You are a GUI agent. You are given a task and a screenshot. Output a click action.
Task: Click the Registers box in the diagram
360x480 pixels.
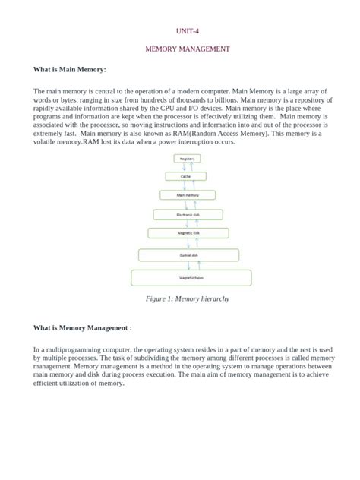pos(186,158)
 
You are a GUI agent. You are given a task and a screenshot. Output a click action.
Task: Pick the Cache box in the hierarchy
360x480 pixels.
pos(186,176)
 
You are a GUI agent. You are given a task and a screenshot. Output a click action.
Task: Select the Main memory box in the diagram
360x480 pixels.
pos(187,194)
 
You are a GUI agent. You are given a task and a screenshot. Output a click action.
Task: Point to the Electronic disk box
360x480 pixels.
pos(187,214)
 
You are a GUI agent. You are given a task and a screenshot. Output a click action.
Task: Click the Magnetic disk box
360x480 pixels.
pos(187,232)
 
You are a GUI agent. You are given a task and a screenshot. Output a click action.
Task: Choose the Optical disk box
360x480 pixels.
pos(187,257)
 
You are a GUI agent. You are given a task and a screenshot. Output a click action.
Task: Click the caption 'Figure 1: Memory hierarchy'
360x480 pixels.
pos(188,299)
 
